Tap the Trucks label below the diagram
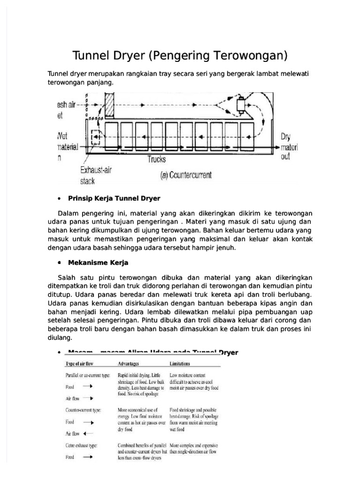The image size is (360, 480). click(157, 159)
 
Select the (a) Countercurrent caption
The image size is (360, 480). click(186, 175)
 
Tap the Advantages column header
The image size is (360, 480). click(132, 363)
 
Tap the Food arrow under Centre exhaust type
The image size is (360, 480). click(88, 457)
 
